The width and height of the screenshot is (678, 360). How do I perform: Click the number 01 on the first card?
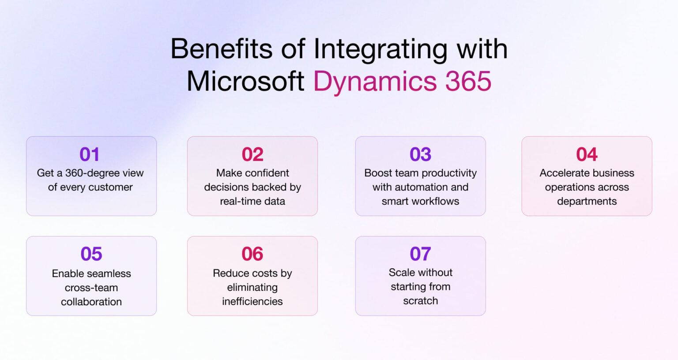pyautogui.click(x=89, y=154)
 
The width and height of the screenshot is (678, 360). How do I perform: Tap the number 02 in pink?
pyautogui.click(x=252, y=154)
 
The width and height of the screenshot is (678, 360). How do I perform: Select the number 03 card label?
pyautogui.click(x=420, y=154)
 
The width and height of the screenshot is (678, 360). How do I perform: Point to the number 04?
pyautogui.click(x=587, y=154)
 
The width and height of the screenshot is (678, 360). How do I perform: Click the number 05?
pyautogui.click(x=91, y=254)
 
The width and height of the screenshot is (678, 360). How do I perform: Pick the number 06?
pyautogui.click(x=252, y=254)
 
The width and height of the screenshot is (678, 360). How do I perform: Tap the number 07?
pyautogui.click(x=420, y=254)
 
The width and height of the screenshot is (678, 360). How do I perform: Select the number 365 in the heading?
pyautogui.click(x=468, y=82)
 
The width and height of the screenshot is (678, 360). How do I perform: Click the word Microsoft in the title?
pyautogui.click(x=245, y=82)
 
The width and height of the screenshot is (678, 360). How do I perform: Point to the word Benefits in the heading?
pyautogui.click(x=222, y=49)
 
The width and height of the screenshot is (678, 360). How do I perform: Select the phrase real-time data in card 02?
pyautogui.click(x=252, y=201)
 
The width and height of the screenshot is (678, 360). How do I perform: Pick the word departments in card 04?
pyautogui.click(x=587, y=202)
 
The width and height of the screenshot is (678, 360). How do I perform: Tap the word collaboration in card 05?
pyautogui.click(x=91, y=302)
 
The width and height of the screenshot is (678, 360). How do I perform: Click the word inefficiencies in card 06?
pyautogui.click(x=252, y=301)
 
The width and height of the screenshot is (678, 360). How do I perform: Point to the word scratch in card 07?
pyautogui.click(x=420, y=301)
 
